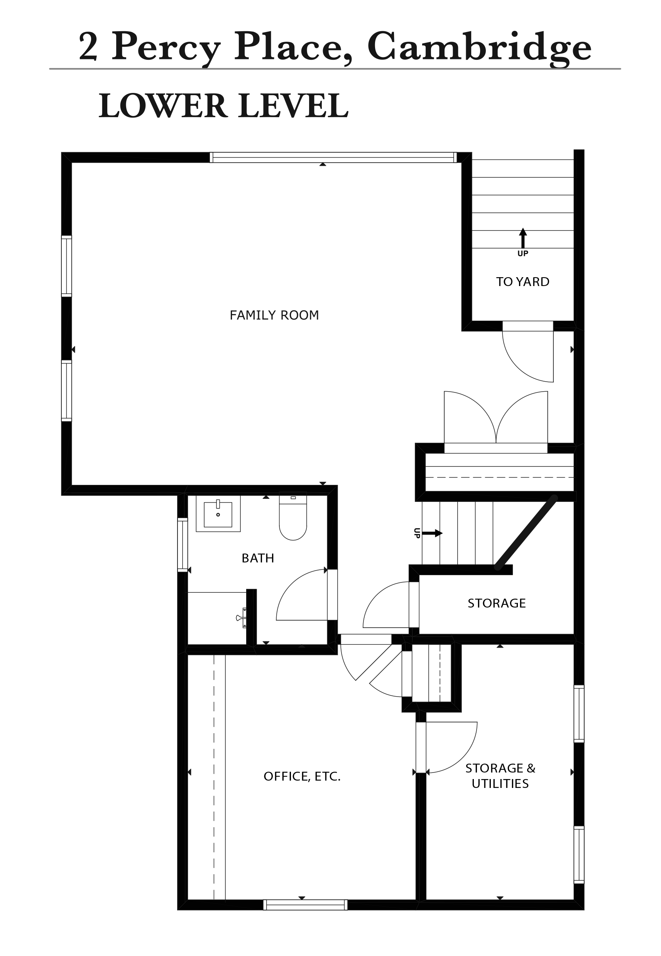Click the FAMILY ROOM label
[x=274, y=315]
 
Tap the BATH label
[x=258, y=558]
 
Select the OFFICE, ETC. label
[x=302, y=776]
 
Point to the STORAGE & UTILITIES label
[x=500, y=776]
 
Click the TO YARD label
[x=523, y=282]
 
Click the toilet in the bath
[x=293, y=516]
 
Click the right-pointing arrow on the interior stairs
[x=433, y=533]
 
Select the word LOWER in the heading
[x=163, y=106]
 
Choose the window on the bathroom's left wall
[x=183, y=545]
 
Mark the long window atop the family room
[x=333, y=158]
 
